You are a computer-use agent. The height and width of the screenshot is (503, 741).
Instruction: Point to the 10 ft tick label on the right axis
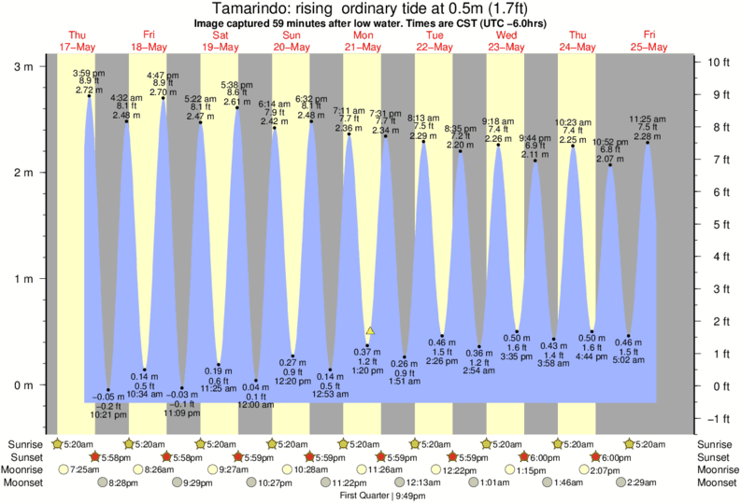click(718, 63)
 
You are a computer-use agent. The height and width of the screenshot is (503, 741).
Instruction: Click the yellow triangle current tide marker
click(370, 331)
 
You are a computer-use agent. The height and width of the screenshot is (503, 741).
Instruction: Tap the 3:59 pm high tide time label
click(90, 73)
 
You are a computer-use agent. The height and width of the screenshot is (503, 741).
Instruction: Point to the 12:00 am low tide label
click(255, 405)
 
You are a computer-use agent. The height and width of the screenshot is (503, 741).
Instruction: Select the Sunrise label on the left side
click(24, 444)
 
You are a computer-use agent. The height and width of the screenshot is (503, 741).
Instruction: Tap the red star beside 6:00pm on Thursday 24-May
click(596, 457)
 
